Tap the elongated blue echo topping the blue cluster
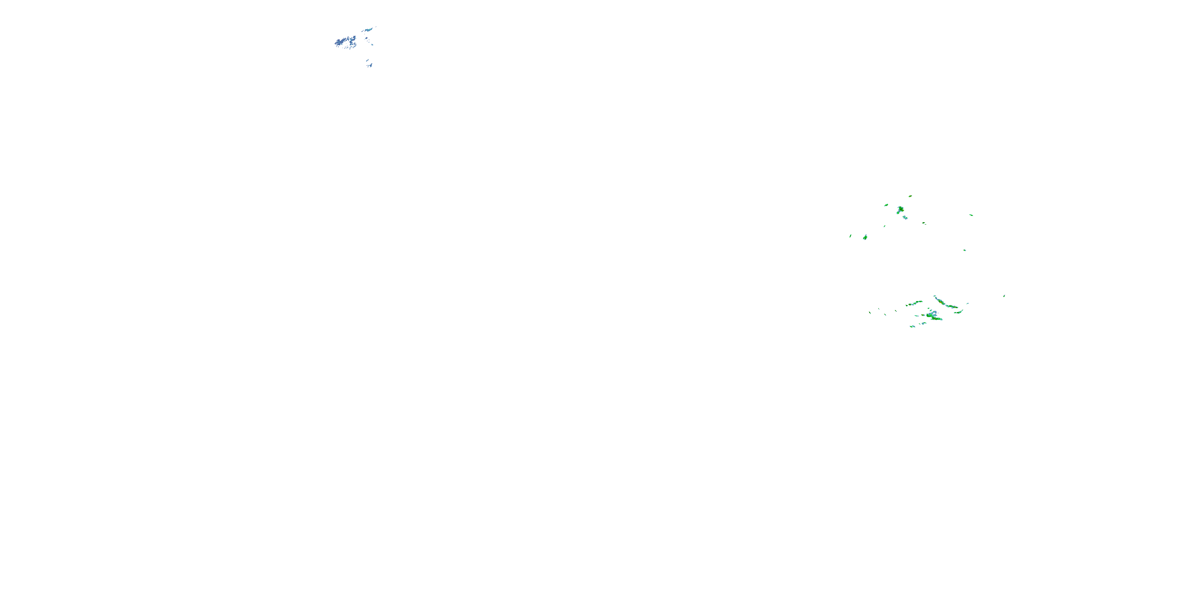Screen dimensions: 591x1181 (368, 30)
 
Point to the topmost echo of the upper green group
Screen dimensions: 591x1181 (910, 196)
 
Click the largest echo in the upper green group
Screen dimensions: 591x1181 (900, 210)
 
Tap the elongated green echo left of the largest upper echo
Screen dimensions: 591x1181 (886, 205)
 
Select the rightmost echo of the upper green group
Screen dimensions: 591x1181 (971, 215)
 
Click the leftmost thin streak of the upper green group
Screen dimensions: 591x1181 (850, 236)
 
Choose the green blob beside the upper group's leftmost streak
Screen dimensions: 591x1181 (865, 237)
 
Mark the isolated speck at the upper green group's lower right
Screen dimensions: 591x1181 (964, 250)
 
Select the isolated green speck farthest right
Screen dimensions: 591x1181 (1004, 296)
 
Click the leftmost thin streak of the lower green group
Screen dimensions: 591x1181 (870, 313)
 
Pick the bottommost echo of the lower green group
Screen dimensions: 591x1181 (913, 326)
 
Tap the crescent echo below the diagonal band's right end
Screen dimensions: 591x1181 (958, 312)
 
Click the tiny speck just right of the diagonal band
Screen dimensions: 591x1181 (968, 303)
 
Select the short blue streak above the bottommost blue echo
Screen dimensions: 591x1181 (367, 60)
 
